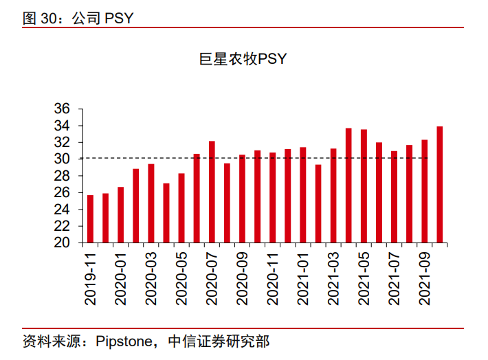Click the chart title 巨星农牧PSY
pos(243,60)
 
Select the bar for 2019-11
pos(90,218)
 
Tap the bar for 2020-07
pos(212,192)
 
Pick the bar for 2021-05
pos(364,185)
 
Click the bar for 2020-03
pos(151,203)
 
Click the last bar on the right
pos(439,184)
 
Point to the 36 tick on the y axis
pos(62,109)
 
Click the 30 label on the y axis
pos(62,159)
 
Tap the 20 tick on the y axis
pos(62,243)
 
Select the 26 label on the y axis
pos(62,192)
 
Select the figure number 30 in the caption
pos(49,19)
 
